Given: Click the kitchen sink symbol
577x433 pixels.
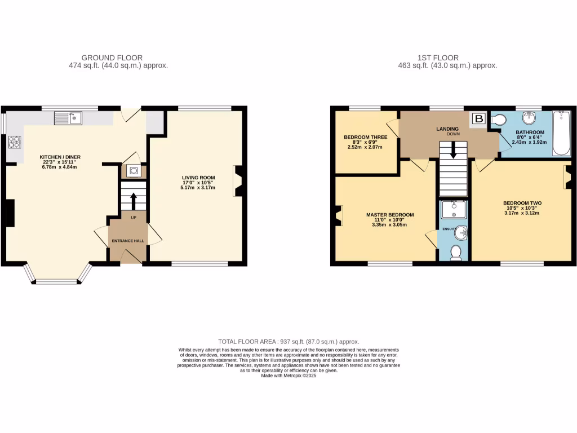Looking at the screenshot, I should tap(68, 118).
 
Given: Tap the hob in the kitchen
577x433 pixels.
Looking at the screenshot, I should tap(14, 143).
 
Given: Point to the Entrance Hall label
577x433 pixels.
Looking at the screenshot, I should tap(127, 241).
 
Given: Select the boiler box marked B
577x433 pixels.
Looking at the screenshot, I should tap(478, 119).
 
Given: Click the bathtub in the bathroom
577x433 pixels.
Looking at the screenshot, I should tap(561, 133).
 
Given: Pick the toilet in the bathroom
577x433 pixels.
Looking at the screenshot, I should tap(498, 120).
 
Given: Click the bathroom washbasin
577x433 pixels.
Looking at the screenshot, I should tap(530, 118).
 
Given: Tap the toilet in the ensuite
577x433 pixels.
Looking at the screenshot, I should tap(456, 252).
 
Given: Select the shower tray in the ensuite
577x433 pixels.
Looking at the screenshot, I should tap(454, 210).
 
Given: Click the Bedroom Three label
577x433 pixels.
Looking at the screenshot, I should tap(365, 137).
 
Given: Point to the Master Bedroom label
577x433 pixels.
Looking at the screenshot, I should tap(390, 215).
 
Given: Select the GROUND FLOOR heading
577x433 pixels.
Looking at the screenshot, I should tap(112, 58).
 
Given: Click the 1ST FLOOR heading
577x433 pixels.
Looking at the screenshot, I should tap(438, 58).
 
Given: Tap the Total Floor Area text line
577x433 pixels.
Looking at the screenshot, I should tap(288, 342).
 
